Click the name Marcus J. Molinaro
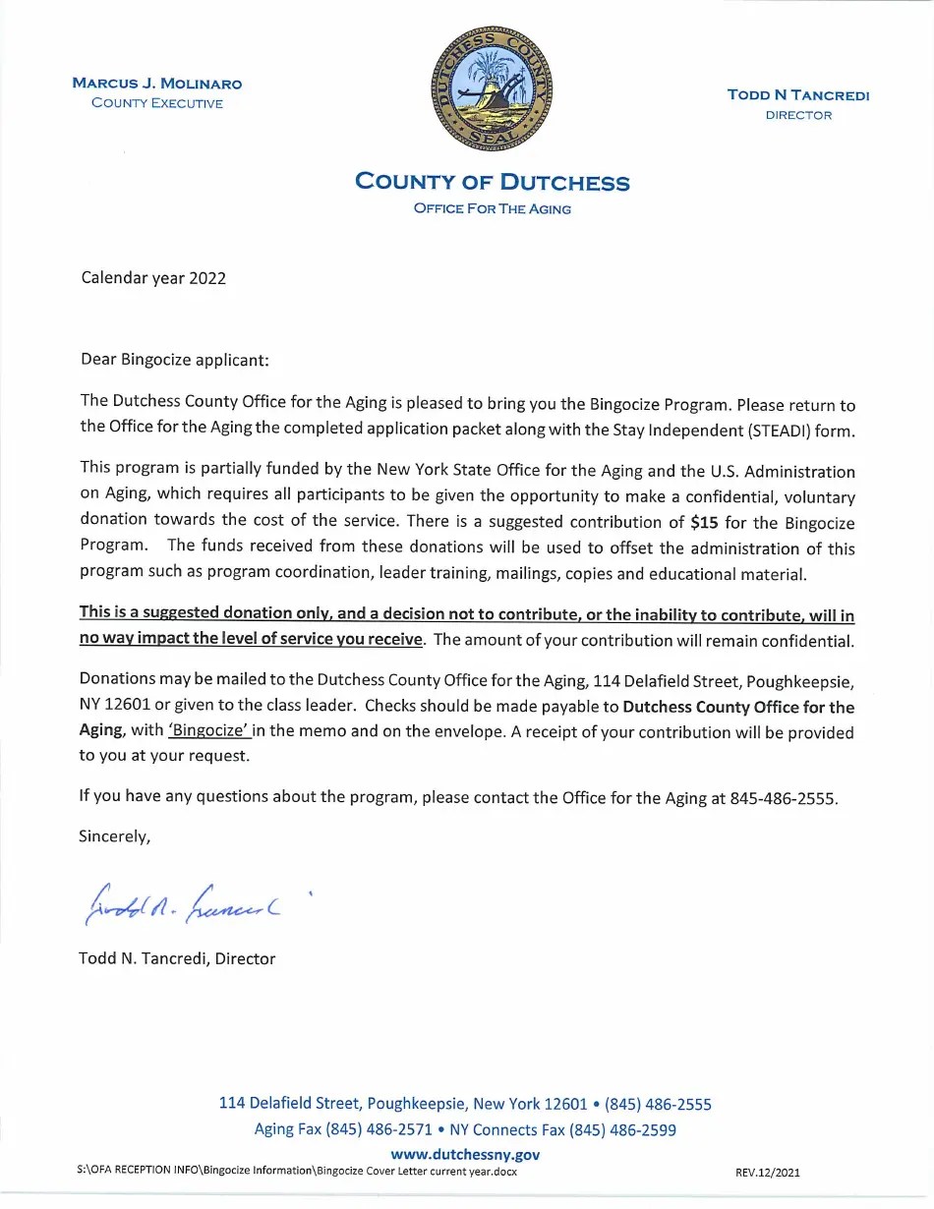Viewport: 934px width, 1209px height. click(x=157, y=84)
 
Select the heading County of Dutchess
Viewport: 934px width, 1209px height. click(x=492, y=182)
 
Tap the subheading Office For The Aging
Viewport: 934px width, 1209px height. click(x=492, y=209)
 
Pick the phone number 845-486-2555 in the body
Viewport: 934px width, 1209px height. click(x=784, y=798)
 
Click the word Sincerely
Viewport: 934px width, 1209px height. click(x=114, y=837)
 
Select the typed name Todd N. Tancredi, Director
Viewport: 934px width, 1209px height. click(x=177, y=958)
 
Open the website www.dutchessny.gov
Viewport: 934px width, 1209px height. click(x=465, y=1155)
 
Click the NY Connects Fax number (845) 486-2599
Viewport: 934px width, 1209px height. click(x=622, y=1130)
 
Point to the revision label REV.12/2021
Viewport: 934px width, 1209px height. click(x=768, y=1173)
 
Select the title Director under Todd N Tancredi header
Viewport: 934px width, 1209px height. click(x=798, y=115)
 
